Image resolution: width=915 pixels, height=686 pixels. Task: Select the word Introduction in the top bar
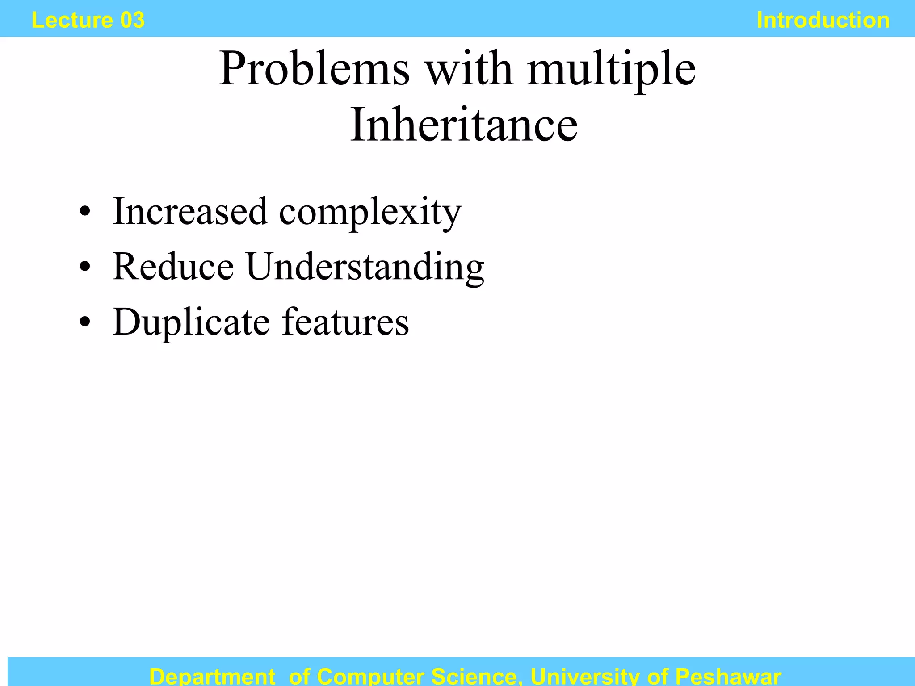tap(823, 20)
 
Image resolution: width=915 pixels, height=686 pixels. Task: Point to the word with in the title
tap(469, 69)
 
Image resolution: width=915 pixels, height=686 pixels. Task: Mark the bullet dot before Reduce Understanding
tap(84, 267)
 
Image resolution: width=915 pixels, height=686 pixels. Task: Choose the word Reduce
tap(173, 267)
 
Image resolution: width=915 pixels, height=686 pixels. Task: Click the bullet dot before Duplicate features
tap(84, 322)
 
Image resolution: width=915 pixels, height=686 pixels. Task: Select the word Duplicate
tap(191, 322)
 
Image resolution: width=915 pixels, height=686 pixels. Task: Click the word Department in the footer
tap(212, 676)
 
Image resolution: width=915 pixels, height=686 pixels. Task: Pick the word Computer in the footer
tap(370, 676)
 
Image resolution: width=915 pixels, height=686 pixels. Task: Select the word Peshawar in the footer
tap(728, 676)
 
